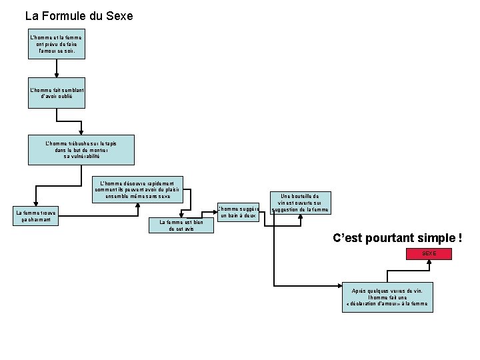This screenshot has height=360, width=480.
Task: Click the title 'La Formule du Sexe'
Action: click(79, 15)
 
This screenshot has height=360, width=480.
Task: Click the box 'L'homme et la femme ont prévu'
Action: click(56, 44)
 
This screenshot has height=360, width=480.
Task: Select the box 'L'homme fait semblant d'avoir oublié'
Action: click(56, 93)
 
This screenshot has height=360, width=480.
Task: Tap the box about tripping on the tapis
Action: click(81, 149)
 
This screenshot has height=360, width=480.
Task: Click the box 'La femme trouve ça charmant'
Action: click(37, 216)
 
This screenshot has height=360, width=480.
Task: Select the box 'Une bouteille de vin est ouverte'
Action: click(300, 203)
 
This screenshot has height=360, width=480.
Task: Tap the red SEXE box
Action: click(429, 254)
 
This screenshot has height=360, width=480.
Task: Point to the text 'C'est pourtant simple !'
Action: click(397, 237)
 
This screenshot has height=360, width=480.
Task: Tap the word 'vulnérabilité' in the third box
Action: click(81, 156)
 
